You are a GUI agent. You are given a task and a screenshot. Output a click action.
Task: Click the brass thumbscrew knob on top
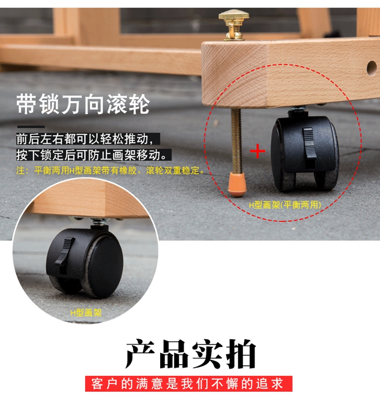[234, 24]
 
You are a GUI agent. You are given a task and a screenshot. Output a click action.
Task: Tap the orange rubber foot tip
[237, 184]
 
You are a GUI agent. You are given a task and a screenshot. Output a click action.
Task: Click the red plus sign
[257, 151]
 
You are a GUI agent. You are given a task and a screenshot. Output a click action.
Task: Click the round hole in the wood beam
[371, 68]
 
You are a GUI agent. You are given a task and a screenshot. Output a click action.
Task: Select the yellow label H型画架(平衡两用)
[285, 205]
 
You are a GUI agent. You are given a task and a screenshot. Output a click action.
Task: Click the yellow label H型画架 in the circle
[86, 312]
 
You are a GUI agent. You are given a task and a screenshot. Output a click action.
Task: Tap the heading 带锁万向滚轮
[83, 104]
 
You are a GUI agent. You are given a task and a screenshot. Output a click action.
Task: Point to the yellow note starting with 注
[110, 170]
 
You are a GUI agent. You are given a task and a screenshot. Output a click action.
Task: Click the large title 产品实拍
[191, 354]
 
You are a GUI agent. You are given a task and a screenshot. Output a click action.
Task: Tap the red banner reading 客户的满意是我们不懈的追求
[188, 384]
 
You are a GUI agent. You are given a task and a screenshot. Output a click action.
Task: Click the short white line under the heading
[31, 127]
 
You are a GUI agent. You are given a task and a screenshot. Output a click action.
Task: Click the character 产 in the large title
[141, 354]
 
